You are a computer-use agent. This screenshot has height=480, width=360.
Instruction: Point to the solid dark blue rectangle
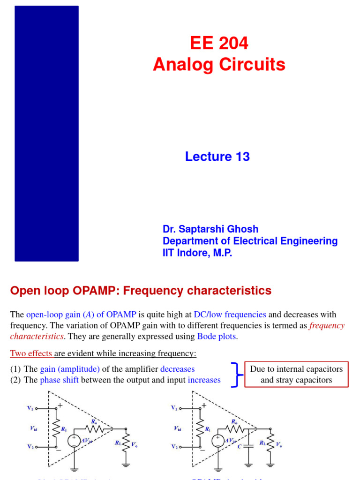[x=46, y=134]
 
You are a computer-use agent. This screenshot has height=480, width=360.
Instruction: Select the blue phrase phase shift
[x=59, y=380]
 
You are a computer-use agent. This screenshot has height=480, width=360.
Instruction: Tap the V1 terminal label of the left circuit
[x=30, y=408]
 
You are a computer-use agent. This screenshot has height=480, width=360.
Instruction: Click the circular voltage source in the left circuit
[x=74, y=441]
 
